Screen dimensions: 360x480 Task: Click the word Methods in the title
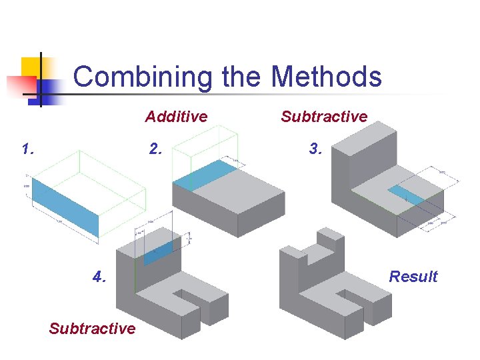(326, 77)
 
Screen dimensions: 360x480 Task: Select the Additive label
(176, 117)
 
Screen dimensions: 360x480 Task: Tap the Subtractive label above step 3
(324, 117)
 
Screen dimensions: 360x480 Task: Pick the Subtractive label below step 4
(92, 328)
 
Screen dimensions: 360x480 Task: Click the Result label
(413, 277)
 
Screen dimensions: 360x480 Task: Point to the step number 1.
(27, 149)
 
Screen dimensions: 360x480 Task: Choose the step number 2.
(155, 149)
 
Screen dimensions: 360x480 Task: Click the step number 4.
(99, 277)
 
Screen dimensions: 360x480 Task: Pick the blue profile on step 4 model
(157, 252)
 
